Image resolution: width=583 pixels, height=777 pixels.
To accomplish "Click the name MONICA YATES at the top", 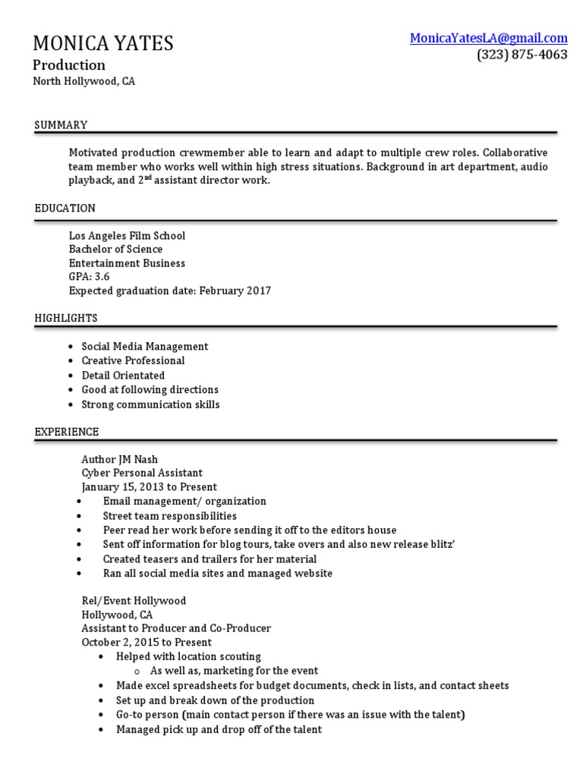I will point(103,43).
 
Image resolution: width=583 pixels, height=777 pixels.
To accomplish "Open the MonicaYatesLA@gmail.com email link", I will point(488,38).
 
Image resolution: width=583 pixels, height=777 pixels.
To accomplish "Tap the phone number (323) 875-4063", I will point(522,55).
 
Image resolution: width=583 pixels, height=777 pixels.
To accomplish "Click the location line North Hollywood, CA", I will point(84,81).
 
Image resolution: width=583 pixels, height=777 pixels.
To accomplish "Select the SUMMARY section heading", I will point(61,125).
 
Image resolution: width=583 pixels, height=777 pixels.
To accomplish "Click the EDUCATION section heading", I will point(65,208).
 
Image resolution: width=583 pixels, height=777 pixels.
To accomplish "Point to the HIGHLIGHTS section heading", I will point(66,318).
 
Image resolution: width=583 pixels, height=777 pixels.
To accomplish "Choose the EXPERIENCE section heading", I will point(67,432).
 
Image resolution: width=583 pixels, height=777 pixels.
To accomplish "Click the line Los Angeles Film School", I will point(127,236).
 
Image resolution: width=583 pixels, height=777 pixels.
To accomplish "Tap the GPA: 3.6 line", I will point(89,277).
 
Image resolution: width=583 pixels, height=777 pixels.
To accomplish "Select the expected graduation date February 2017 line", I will point(169,291).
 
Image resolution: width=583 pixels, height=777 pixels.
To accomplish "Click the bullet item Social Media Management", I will point(144,347).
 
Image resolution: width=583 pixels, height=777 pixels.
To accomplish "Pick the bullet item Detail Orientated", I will point(123,376).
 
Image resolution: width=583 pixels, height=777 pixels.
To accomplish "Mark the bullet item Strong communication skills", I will point(150,404).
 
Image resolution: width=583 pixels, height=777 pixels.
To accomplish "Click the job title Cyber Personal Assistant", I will point(142,473).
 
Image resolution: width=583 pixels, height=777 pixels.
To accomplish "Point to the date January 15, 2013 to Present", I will point(149,487).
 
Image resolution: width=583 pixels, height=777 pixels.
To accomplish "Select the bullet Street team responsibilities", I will point(170,516).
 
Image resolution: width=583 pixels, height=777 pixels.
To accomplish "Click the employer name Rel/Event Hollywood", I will point(134,600).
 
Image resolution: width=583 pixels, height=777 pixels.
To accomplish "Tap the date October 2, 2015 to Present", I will point(147,642).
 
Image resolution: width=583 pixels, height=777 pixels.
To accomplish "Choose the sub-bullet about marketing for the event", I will point(234,671).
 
